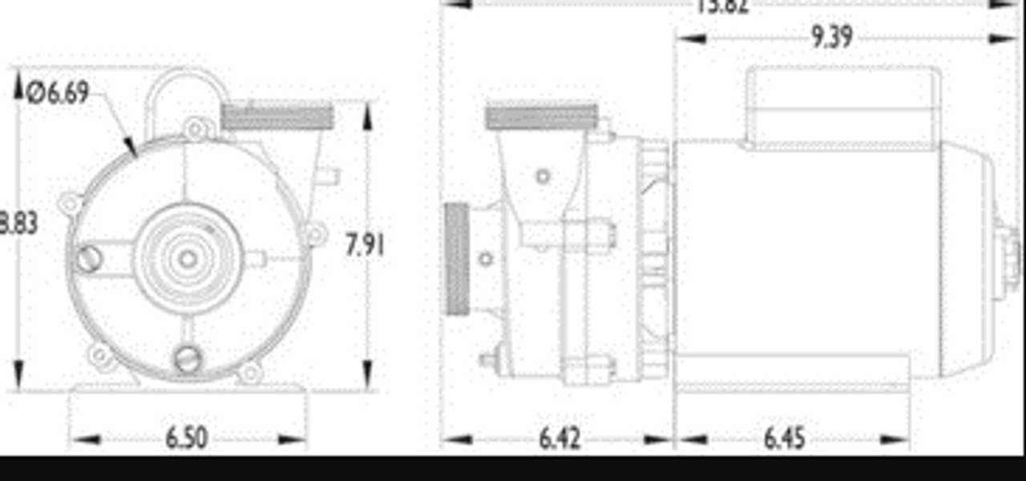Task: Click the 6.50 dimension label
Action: [x=187, y=439]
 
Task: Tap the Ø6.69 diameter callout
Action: [x=57, y=94]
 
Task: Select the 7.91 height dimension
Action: [x=365, y=245]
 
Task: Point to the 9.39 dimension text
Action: [x=831, y=37]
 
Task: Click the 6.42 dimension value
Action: [x=559, y=439]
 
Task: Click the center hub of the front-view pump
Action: [x=188, y=258]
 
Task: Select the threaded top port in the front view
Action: [x=277, y=116]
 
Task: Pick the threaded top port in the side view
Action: [x=542, y=117]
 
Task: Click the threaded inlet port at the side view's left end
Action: [x=457, y=259]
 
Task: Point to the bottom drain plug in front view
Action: [x=188, y=358]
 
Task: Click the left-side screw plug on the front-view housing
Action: [x=89, y=258]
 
